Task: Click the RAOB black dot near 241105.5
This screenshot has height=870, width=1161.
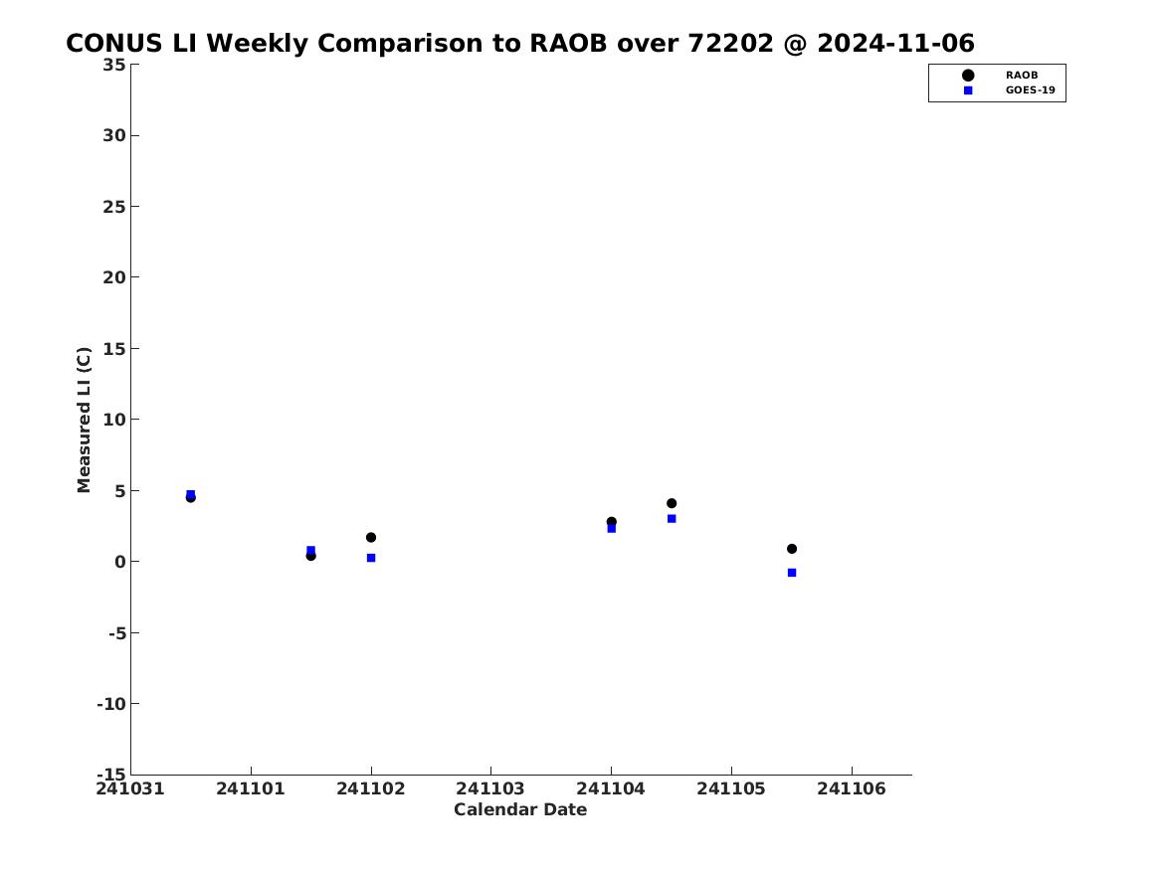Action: pyautogui.click(x=792, y=549)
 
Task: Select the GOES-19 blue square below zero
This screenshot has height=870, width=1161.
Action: pyautogui.click(x=792, y=573)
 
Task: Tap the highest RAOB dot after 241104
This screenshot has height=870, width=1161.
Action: pyautogui.click(x=672, y=503)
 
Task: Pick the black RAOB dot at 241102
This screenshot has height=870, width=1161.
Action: pyautogui.click(x=371, y=537)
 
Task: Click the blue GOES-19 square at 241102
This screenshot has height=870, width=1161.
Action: pyautogui.click(x=371, y=558)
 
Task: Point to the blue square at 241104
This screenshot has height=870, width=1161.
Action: pyautogui.click(x=612, y=528)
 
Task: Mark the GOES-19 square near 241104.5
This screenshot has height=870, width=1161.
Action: pyautogui.click(x=672, y=519)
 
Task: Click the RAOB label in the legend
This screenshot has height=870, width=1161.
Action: pyautogui.click(x=1021, y=76)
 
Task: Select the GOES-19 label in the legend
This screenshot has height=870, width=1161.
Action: pyautogui.click(x=1030, y=90)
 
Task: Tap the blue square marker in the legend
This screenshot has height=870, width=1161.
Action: pyautogui.click(x=968, y=90)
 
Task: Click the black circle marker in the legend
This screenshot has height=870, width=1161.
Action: pyautogui.click(x=968, y=76)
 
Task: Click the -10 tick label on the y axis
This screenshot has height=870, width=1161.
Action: pyautogui.click(x=111, y=704)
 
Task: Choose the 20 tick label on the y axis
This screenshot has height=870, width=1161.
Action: pyautogui.click(x=114, y=277)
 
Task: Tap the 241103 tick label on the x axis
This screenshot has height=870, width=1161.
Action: pyautogui.click(x=490, y=788)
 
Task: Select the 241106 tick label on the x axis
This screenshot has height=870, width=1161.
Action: pyautogui.click(x=852, y=788)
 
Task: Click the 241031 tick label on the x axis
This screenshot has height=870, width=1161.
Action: pyautogui.click(x=130, y=788)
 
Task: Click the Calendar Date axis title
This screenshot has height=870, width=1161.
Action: pyautogui.click(x=520, y=810)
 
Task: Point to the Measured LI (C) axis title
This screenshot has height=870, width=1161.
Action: pyautogui.click(x=84, y=420)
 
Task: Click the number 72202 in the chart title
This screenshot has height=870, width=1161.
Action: pyautogui.click(x=731, y=44)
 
